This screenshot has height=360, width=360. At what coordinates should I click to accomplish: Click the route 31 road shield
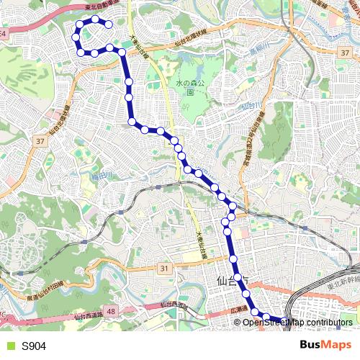pos(164,269)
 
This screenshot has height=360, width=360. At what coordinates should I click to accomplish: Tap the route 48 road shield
pos(110,310)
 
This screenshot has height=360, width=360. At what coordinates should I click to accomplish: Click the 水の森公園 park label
pos(189,86)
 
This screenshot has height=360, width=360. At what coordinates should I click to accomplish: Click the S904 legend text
pos(33,346)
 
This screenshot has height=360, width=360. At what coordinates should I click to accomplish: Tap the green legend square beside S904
pos(9,346)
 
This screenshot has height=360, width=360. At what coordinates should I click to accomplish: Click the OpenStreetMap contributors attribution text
pos(297,323)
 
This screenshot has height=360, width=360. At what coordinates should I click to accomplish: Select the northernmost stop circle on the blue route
pos(94,19)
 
